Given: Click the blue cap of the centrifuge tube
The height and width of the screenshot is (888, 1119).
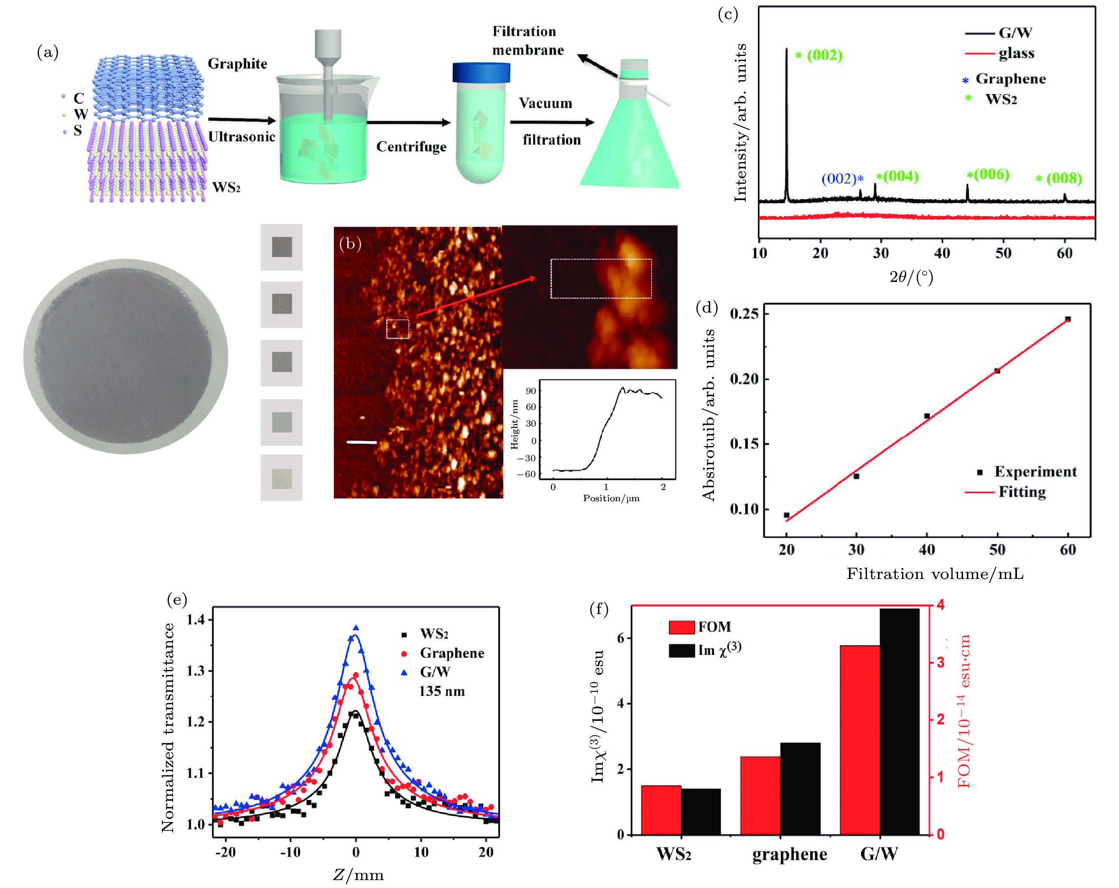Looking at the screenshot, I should click(481, 73).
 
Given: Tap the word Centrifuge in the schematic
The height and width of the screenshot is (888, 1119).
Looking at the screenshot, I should click(411, 147).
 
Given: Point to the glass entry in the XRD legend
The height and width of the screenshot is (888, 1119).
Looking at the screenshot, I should click(1016, 53).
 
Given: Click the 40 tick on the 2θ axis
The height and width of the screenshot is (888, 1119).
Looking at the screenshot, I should click(942, 253).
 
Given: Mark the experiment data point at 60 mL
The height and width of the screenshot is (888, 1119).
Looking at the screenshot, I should click(1068, 319).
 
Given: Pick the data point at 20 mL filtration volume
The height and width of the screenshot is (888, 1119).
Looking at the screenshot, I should click(786, 515).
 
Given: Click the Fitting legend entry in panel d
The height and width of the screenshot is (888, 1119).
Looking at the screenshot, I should click(1022, 492).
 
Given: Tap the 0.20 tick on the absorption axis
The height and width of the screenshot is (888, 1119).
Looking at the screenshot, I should click(744, 379).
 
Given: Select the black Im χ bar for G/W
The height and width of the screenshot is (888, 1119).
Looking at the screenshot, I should click(899, 721).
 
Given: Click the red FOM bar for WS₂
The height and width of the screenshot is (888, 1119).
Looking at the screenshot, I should click(661, 809).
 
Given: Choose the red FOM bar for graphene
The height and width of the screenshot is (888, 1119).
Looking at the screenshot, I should click(760, 795).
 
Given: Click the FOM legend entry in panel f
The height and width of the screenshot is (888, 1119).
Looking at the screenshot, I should click(714, 627).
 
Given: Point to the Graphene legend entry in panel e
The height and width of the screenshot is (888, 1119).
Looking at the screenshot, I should click(451, 653).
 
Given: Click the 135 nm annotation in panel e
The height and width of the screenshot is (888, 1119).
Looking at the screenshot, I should click(442, 691).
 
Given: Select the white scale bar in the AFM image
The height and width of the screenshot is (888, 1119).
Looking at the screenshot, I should click(361, 442).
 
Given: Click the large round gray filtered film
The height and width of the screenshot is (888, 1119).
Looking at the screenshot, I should click(125, 357).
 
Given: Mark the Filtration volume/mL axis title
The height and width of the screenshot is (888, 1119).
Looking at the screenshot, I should click(935, 573).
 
